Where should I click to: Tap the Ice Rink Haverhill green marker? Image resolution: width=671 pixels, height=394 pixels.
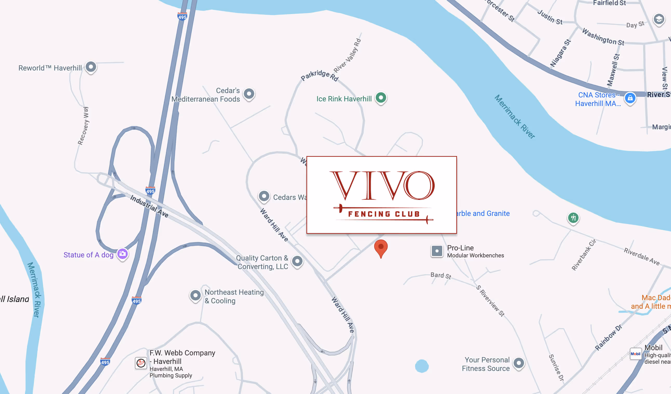tap(381, 97)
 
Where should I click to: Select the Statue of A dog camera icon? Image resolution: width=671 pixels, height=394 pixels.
tap(123, 254)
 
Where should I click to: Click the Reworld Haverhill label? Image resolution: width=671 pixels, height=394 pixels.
tap(50, 68)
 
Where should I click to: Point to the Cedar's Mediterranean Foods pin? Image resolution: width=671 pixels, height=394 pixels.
tap(249, 94)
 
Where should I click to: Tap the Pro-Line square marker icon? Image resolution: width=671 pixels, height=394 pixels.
tap(437, 251)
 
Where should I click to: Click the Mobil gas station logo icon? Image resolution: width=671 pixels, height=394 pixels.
tap(635, 354)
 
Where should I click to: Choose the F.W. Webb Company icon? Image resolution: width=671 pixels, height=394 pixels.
tap(141, 363)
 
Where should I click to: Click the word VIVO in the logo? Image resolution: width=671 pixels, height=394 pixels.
tap(382, 186)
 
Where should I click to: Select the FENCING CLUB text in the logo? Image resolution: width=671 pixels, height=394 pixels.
tap(384, 214)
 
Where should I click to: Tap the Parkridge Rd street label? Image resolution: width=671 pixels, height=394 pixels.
tap(319, 75)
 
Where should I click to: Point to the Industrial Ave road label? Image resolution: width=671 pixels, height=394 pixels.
tap(149, 206)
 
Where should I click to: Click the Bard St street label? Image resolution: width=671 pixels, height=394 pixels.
tap(441, 276)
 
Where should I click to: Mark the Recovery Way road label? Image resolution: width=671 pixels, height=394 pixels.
tap(83, 126)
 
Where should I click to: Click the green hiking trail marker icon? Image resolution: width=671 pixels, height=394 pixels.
tap(573, 218)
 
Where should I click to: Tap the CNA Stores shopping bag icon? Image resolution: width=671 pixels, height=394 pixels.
tap(630, 98)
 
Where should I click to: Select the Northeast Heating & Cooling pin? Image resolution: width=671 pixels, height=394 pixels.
tap(196, 295)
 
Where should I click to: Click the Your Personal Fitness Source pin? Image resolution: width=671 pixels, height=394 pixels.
tap(519, 363)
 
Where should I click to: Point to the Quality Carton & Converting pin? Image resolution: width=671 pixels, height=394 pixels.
tap(297, 261)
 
